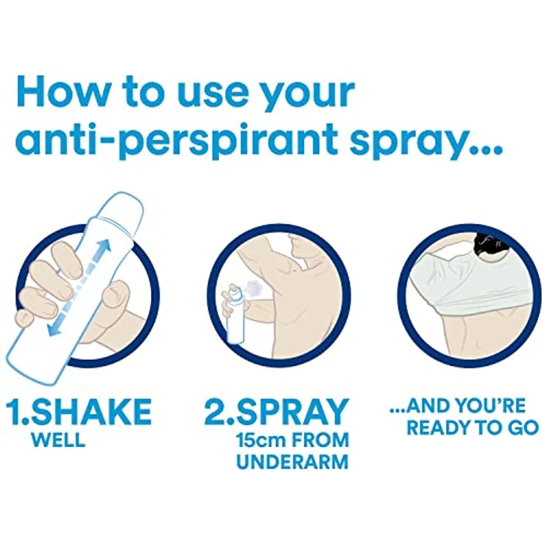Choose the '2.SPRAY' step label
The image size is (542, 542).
276,412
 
